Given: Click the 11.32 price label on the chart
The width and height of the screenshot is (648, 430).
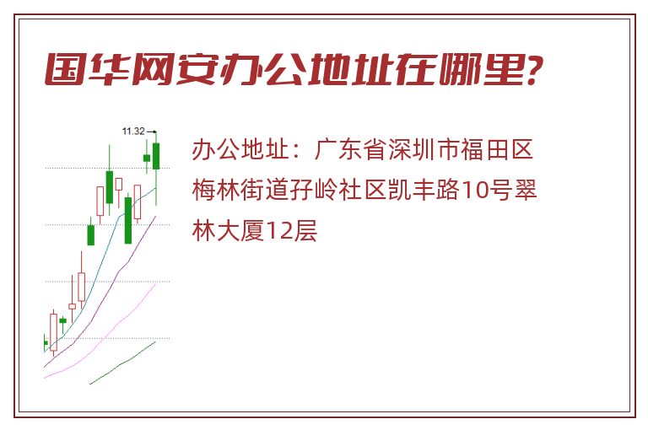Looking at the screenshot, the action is coord(133,132).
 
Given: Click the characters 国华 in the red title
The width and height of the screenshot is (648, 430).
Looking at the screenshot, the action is coord(87,69).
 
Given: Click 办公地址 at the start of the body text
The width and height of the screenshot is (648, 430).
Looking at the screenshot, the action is coord(240,149).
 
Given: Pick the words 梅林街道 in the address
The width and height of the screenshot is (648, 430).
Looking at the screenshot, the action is coord(240,190).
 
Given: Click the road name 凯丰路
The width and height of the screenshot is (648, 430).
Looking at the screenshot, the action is coord(424,190).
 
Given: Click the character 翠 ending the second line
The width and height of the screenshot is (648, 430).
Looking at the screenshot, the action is coord(525,190).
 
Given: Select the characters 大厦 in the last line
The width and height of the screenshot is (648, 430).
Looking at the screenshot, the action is coord(241,230).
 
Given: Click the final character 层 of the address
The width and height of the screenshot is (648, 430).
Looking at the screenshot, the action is coord(305,230).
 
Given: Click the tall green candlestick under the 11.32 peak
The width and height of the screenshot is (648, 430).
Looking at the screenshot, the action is coord(156,156).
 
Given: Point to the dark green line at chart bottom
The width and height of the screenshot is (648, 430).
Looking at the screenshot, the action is coord(122,363).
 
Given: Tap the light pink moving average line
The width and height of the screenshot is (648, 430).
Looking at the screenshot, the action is coord(100,331).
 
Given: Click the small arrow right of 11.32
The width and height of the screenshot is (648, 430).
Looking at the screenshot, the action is coord(151,132).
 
